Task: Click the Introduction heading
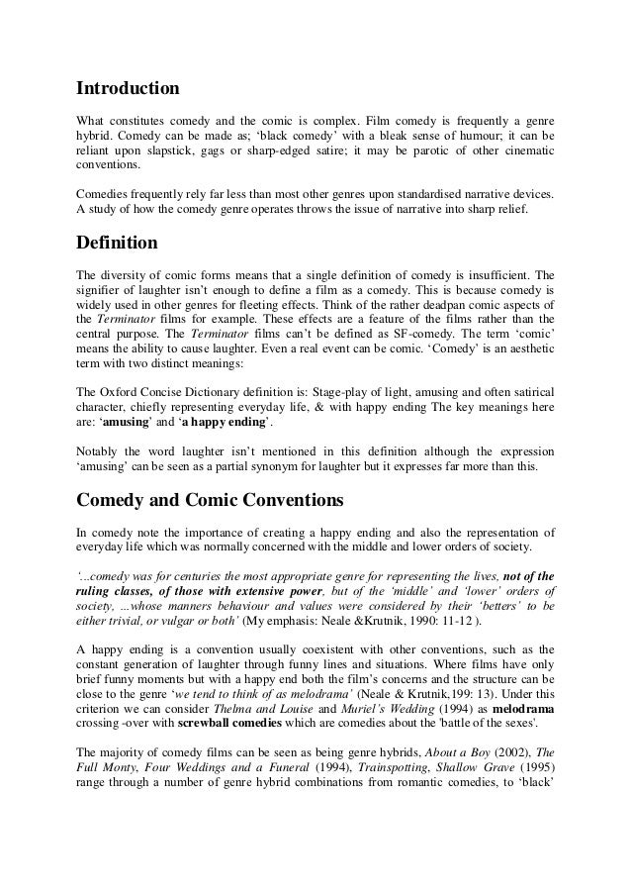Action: (x=129, y=88)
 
